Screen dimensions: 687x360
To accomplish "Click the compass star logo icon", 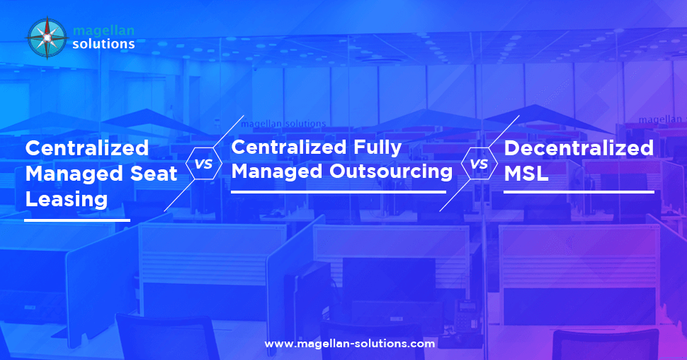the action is [47, 38].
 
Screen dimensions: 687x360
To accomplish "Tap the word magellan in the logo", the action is [103, 30].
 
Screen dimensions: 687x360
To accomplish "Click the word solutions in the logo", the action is [103, 44].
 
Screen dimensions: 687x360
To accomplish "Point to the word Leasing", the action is [67, 200].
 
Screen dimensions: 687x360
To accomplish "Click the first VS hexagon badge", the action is [204, 164].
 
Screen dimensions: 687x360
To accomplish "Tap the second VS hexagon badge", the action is [479, 164].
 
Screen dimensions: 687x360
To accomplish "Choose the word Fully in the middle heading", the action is [377, 148].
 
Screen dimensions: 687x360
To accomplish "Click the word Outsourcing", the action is [391, 171].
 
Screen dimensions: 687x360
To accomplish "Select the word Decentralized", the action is [579, 148].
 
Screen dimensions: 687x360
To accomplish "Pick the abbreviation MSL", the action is [526, 174].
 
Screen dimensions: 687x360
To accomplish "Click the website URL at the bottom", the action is [350, 344].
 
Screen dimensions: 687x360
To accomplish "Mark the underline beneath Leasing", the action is [77, 220].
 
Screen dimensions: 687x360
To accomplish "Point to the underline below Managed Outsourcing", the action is [339, 192].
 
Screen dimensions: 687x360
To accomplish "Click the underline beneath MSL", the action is [579, 192].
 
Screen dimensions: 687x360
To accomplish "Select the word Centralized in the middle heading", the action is [289, 147].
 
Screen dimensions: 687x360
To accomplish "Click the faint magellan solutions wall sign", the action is [283, 123].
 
